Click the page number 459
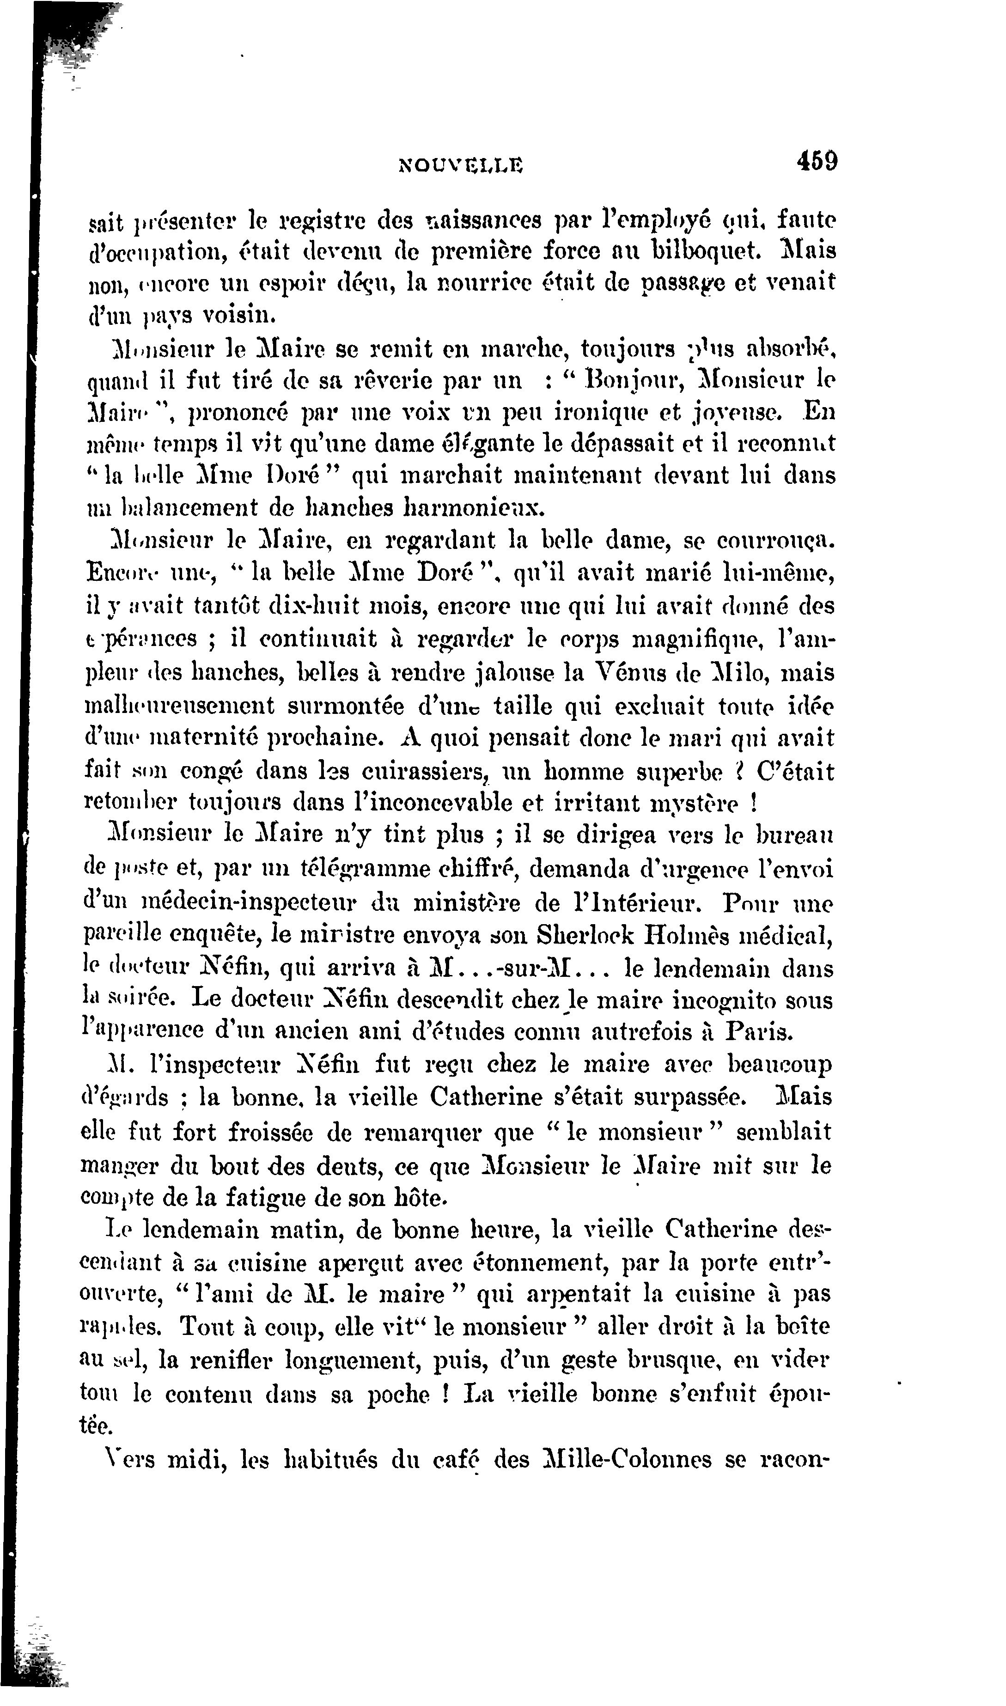click(817, 162)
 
